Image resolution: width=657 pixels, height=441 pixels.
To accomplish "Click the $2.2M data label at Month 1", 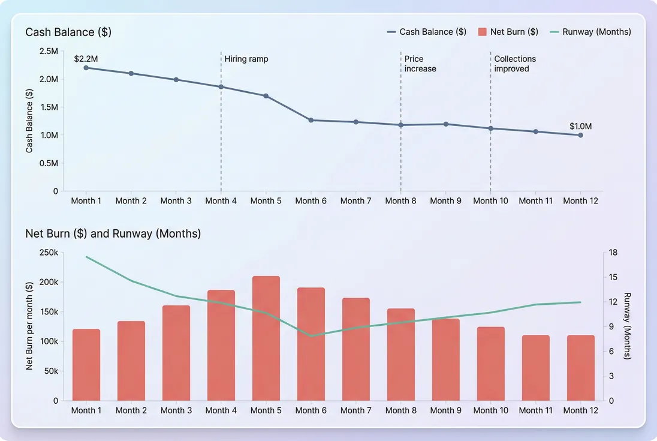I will [x=86, y=59].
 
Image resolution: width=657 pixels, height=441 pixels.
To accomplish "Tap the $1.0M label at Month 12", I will [x=580, y=126].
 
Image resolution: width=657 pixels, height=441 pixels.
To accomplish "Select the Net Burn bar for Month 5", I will [x=266, y=338].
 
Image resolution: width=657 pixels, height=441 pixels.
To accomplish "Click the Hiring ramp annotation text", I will [x=246, y=59].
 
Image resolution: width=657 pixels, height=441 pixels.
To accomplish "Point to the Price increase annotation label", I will [x=420, y=64].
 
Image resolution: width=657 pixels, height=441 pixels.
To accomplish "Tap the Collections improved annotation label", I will [x=515, y=64].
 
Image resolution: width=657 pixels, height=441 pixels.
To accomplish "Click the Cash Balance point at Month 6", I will [x=311, y=120].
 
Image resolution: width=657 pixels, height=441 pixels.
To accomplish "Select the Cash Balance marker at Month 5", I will [x=266, y=96].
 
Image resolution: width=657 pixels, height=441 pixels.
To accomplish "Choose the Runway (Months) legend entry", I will [x=590, y=32].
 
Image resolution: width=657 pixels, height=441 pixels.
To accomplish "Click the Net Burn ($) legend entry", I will [x=508, y=32].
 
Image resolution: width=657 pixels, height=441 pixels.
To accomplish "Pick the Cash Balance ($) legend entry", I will [x=426, y=32].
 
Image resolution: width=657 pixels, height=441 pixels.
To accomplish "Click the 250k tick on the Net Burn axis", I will [x=47, y=253].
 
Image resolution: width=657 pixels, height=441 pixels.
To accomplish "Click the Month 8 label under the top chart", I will [x=400, y=201].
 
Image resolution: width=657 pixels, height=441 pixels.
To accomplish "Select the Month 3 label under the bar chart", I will [x=176, y=410].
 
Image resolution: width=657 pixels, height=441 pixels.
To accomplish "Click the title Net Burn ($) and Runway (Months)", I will [x=113, y=233].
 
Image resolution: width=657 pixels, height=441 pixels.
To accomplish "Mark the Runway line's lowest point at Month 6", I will [x=311, y=335].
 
